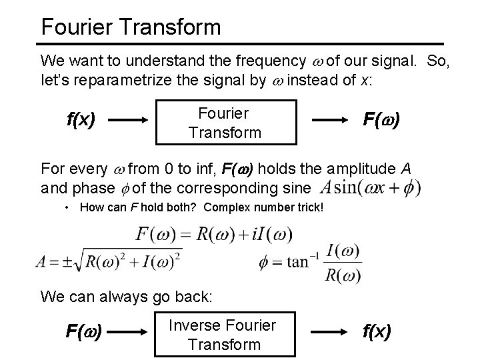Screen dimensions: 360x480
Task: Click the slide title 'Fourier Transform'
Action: click(130, 27)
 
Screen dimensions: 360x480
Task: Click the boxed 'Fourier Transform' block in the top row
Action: click(225, 122)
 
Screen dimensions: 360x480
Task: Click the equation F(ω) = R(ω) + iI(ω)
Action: click(213, 235)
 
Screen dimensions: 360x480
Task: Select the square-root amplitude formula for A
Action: click(110, 260)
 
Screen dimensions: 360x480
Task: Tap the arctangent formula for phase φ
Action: click(311, 261)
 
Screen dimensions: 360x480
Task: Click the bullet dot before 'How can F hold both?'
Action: click(69, 207)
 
